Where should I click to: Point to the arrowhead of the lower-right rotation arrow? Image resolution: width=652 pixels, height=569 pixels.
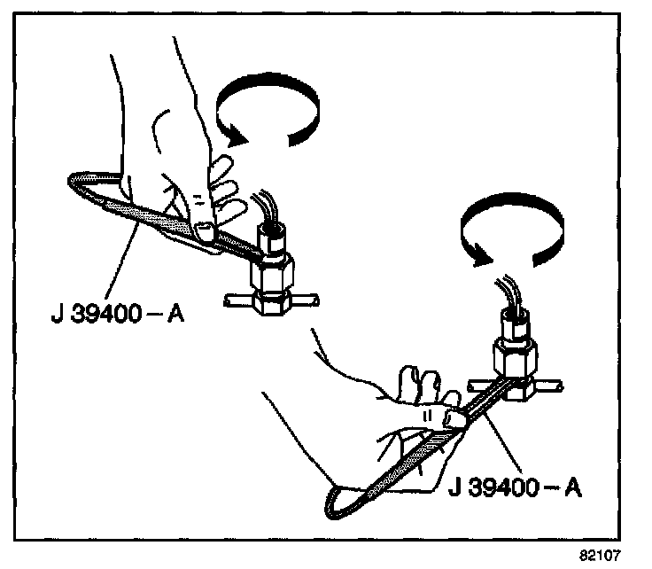coord(479,254)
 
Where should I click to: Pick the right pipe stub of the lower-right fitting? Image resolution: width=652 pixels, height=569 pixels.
coord(555,387)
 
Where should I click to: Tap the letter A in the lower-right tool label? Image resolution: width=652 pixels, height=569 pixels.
coord(575,487)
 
